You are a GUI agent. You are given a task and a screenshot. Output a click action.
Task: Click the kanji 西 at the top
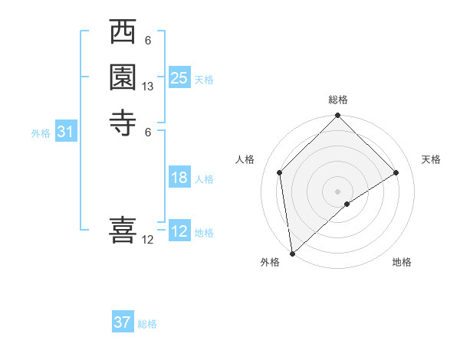click(123, 33)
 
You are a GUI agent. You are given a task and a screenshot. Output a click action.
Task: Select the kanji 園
click(123, 77)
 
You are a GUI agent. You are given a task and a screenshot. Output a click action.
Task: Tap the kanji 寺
click(123, 122)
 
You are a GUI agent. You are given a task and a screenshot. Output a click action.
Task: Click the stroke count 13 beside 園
click(148, 87)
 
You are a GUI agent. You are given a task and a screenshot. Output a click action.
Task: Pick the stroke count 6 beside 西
click(148, 41)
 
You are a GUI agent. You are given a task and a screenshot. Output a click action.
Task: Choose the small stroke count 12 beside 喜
click(148, 239)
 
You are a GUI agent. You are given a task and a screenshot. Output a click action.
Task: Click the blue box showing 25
click(179, 78)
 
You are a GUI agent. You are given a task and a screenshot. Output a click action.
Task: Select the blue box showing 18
click(179, 178)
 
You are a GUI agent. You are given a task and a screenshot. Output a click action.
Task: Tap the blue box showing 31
click(65, 132)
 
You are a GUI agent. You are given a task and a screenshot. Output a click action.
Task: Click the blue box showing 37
click(122, 322)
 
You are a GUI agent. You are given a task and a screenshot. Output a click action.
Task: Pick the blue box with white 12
click(179, 231)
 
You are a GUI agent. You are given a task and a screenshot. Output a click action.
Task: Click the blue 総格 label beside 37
click(147, 324)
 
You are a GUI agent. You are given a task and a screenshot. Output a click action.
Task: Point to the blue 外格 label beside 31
click(41, 133)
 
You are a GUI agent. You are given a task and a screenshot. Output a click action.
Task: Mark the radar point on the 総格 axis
click(337, 116)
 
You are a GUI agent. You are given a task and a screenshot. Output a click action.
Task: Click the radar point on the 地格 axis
click(347, 204)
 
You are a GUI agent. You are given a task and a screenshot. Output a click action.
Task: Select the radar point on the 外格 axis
click(292, 254)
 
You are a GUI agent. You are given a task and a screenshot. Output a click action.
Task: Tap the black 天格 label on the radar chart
click(432, 159)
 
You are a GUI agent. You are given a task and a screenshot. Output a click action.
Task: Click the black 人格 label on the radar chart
click(245, 159)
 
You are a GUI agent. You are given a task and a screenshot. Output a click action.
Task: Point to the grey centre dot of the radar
click(337, 191)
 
